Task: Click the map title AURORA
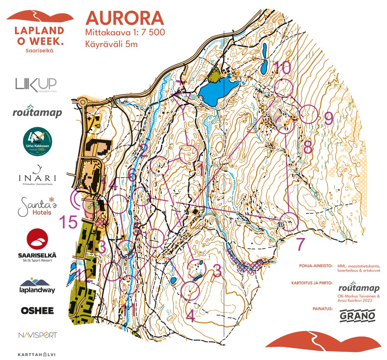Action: click(124, 18)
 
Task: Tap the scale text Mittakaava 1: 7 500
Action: click(125, 33)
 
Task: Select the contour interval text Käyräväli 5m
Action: click(112, 44)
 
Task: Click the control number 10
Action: click(282, 68)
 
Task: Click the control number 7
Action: click(301, 244)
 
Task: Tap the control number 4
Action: click(191, 316)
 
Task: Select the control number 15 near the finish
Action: click(68, 222)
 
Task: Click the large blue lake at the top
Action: click(215, 90)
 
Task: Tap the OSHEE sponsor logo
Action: click(37, 311)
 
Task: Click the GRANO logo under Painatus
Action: click(357, 315)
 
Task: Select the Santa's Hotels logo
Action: click(37, 206)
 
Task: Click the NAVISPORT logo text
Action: click(37, 335)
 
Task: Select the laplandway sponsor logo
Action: click(37, 285)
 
